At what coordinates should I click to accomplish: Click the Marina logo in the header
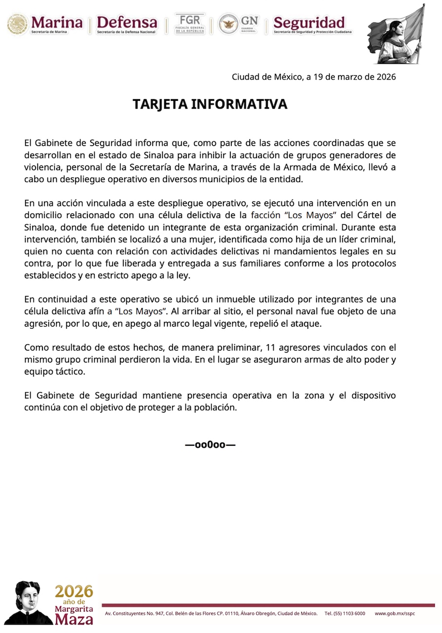tap(45, 24)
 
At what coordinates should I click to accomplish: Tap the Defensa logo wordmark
tap(127, 24)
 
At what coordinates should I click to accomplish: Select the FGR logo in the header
tap(190, 23)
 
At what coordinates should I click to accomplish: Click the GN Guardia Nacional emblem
tap(239, 23)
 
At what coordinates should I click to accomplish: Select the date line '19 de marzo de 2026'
tap(313, 77)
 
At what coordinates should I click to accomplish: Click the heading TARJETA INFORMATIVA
tap(210, 104)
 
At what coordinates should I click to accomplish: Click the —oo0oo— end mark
tap(210, 445)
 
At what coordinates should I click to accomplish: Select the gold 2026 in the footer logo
tap(74, 592)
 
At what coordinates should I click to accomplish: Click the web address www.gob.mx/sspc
tap(395, 613)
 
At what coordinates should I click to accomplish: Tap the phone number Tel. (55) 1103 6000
tap(344, 613)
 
